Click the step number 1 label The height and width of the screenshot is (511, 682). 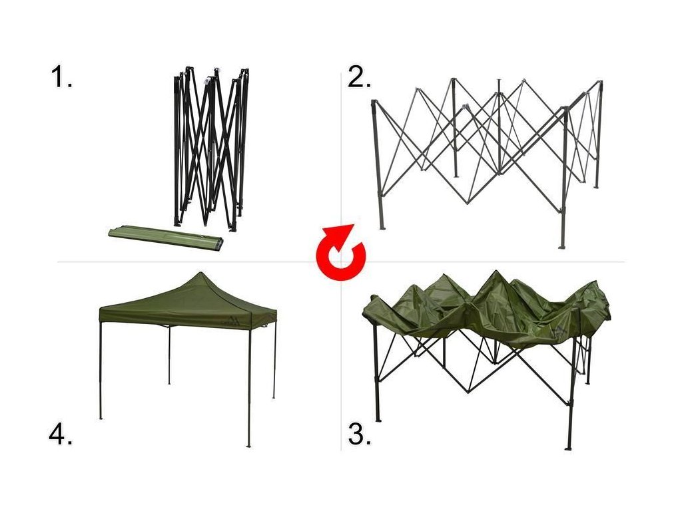[x=61, y=77]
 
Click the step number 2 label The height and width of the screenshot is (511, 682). [x=359, y=77]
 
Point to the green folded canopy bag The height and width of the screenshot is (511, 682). [x=166, y=236]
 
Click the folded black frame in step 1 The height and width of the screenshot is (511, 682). [x=211, y=148]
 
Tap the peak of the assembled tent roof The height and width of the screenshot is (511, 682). [x=200, y=273]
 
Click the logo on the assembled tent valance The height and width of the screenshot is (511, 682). [x=234, y=322]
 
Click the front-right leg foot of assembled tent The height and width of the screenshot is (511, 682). [x=249, y=445]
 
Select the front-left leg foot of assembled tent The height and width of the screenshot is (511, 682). [x=101, y=418]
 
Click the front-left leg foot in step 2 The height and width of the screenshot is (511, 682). [x=382, y=228]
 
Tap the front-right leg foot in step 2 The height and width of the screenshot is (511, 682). [x=562, y=247]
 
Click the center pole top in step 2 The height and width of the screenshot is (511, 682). [x=499, y=81]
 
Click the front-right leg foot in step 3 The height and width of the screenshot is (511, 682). [x=567, y=449]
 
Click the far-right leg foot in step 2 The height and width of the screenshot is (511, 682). [x=596, y=186]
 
